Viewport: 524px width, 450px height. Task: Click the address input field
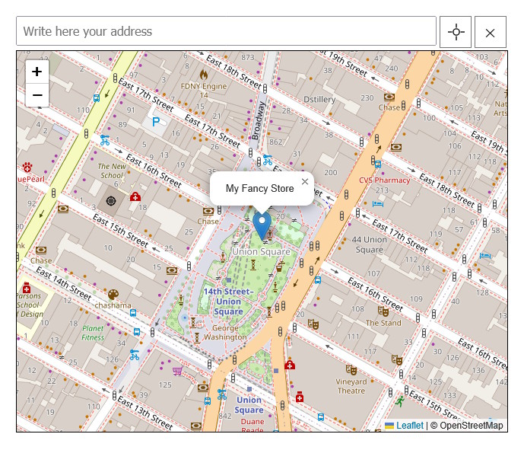click(x=226, y=32)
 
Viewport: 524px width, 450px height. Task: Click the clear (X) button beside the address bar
click(x=490, y=32)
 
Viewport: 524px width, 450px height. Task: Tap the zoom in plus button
click(x=37, y=72)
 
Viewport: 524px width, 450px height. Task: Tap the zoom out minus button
click(x=37, y=95)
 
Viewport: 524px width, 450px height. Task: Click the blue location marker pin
click(x=262, y=225)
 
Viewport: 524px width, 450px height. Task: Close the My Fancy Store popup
click(x=305, y=181)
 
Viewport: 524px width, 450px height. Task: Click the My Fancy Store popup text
click(x=259, y=189)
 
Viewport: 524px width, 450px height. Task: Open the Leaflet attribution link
click(x=409, y=426)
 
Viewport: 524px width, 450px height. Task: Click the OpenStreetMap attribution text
click(x=466, y=426)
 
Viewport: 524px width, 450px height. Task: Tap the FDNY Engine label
click(x=204, y=86)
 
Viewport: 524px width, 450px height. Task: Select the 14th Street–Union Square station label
click(x=228, y=302)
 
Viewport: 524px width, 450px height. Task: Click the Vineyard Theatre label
click(x=351, y=386)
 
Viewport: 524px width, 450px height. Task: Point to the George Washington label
click(x=225, y=332)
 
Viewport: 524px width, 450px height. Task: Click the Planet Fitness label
click(x=93, y=333)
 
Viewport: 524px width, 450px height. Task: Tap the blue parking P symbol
click(x=156, y=121)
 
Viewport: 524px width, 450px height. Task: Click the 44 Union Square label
click(x=370, y=244)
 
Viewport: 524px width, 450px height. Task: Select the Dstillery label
click(x=319, y=100)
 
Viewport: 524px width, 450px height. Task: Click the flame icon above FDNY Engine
click(x=203, y=74)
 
